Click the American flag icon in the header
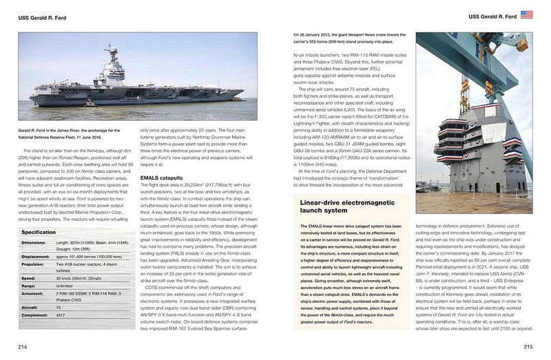point(528,15)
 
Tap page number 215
point(528,346)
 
